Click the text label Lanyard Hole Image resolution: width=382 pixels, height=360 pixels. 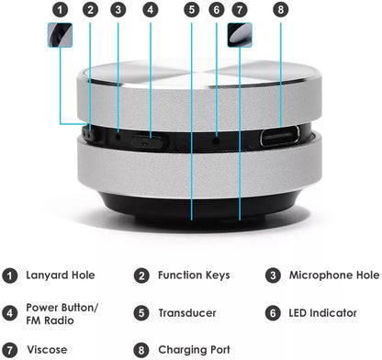[x=61, y=275]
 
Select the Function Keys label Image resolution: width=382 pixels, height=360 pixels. [x=193, y=275]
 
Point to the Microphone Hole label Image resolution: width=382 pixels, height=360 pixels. [x=334, y=275]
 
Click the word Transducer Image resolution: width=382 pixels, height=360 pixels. [x=189, y=312]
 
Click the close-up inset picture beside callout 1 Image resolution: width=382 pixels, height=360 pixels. [x=61, y=36]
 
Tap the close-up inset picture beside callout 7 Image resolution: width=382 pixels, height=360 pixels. [x=240, y=36]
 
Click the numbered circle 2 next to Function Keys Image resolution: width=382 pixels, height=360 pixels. [x=141, y=275]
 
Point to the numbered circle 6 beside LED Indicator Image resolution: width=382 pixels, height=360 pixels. [x=274, y=312]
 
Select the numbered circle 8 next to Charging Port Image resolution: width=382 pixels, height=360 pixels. [x=141, y=350]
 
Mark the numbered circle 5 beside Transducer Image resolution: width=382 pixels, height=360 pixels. [x=141, y=312]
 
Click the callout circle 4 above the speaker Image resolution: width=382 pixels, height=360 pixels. [x=151, y=10]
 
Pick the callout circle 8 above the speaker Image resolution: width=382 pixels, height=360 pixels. [x=280, y=10]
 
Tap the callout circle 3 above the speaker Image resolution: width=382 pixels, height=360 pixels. [x=118, y=10]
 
